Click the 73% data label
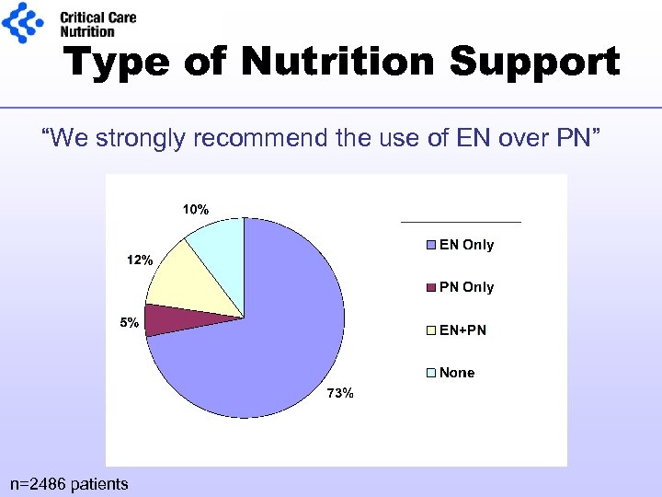pos(340,394)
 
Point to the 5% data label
pos(129,323)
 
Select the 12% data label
pos(139,260)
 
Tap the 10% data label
pos(195,210)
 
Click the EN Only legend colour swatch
pos(431,246)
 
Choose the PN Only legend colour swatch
pos(431,288)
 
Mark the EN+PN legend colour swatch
pos(431,330)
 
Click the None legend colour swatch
pos(431,373)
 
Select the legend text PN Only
pos(466,287)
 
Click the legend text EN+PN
pos(462,329)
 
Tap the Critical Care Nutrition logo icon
pos(22,22)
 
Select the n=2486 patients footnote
pos(69,483)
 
